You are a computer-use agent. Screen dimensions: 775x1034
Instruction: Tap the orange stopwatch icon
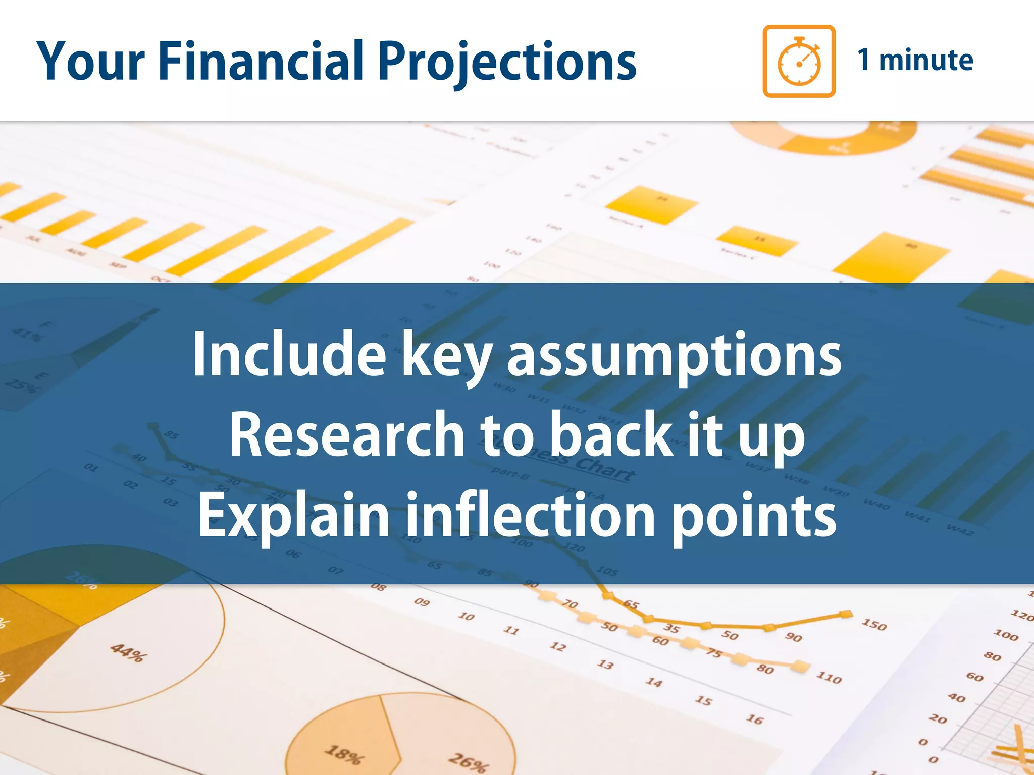[799, 61]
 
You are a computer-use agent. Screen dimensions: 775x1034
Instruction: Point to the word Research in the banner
[346, 434]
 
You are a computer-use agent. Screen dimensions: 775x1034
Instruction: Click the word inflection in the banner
[530, 515]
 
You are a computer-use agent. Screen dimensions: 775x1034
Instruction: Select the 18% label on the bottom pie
[344, 754]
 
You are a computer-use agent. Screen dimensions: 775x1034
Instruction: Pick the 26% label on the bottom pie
[469, 762]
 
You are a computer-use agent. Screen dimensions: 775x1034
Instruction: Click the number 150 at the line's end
[874, 625]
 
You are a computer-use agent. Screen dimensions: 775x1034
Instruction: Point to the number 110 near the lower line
[829, 677]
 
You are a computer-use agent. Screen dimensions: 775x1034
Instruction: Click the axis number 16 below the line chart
[754, 719]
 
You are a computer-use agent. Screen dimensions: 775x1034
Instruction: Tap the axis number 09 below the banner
[422, 602]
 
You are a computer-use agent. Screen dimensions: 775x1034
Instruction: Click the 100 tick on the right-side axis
[1006, 635]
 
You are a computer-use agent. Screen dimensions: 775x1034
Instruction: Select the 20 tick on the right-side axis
[938, 718]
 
